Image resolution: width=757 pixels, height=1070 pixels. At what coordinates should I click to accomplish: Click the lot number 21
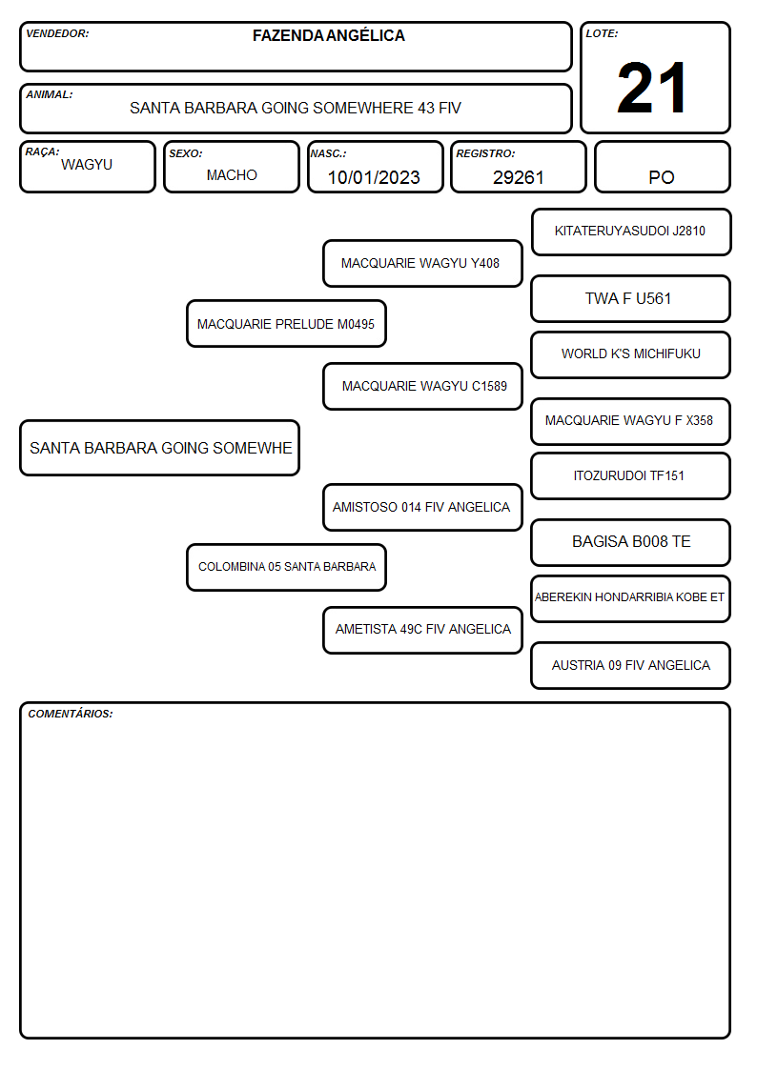coord(651,88)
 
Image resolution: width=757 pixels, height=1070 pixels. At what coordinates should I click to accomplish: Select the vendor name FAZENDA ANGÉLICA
coord(328,35)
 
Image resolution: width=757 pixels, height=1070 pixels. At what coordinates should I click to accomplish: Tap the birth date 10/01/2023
coord(374,177)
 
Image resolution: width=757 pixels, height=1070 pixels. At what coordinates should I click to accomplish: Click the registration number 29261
coord(518,177)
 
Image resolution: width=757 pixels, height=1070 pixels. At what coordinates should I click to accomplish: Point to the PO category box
coord(662,167)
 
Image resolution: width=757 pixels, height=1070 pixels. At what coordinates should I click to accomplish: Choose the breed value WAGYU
coord(87,165)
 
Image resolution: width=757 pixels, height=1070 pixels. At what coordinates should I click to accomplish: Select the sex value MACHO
coord(232,175)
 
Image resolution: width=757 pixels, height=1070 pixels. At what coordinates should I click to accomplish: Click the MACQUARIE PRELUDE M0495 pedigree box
coord(286,323)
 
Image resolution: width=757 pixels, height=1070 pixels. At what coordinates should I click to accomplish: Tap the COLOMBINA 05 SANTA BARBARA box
coord(286,567)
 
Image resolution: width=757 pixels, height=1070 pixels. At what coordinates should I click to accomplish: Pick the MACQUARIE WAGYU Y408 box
coord(422,263)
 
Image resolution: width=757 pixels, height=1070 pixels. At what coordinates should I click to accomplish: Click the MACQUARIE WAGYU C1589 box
coord(422,386)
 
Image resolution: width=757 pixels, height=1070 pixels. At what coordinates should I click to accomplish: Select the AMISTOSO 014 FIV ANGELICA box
coord(422,507)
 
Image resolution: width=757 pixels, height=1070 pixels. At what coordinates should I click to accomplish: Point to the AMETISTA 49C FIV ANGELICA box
coord(422,630)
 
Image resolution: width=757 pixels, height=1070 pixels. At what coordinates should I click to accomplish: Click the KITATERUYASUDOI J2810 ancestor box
coord(631,232)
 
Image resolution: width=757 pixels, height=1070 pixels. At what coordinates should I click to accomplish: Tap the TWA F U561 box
coord(631,298)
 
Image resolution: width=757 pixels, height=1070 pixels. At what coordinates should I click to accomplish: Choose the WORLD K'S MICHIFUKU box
coord(631,354)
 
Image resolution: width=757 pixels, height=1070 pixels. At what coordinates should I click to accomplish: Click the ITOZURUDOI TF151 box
coord(631,475)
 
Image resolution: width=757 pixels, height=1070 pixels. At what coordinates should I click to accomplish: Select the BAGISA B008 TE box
coord(631,542)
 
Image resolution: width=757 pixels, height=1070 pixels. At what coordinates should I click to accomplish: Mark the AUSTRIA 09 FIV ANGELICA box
coord(631,665)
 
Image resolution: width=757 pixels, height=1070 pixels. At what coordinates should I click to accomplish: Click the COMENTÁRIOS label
coord(71,714)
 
